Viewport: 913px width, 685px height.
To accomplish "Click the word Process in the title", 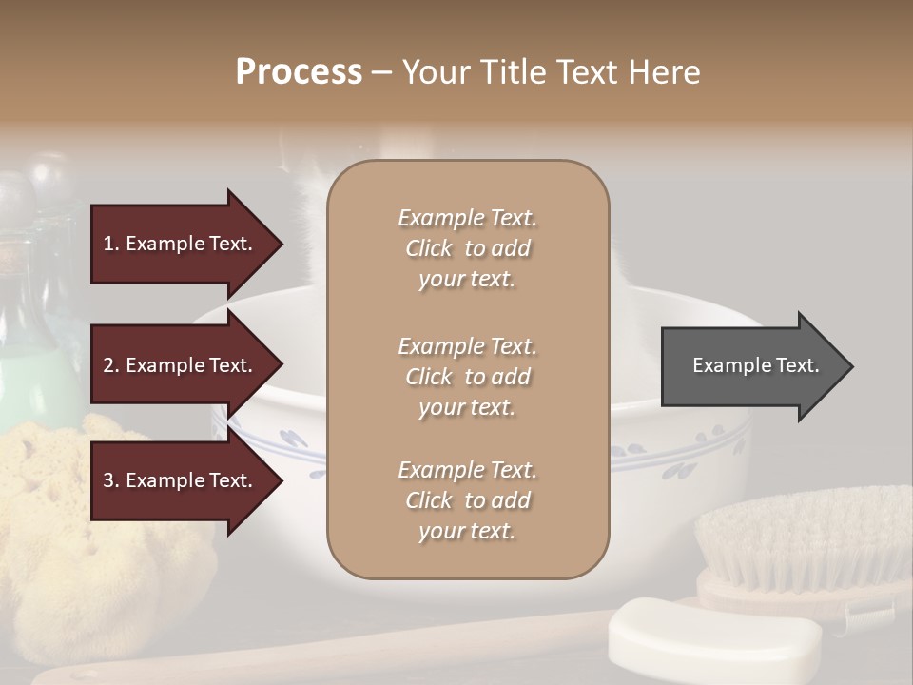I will click(x=299, y=72).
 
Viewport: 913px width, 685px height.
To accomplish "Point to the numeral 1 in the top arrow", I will click(x=108, y=244).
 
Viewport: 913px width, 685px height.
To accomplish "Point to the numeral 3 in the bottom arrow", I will click(x=108, y=480).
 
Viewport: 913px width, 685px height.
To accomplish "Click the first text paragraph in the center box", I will click(x=467, y=248).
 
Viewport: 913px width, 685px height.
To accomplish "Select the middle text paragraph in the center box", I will click(x=467, y=377).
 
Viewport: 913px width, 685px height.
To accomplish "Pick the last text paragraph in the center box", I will click(x=467, y=500).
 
